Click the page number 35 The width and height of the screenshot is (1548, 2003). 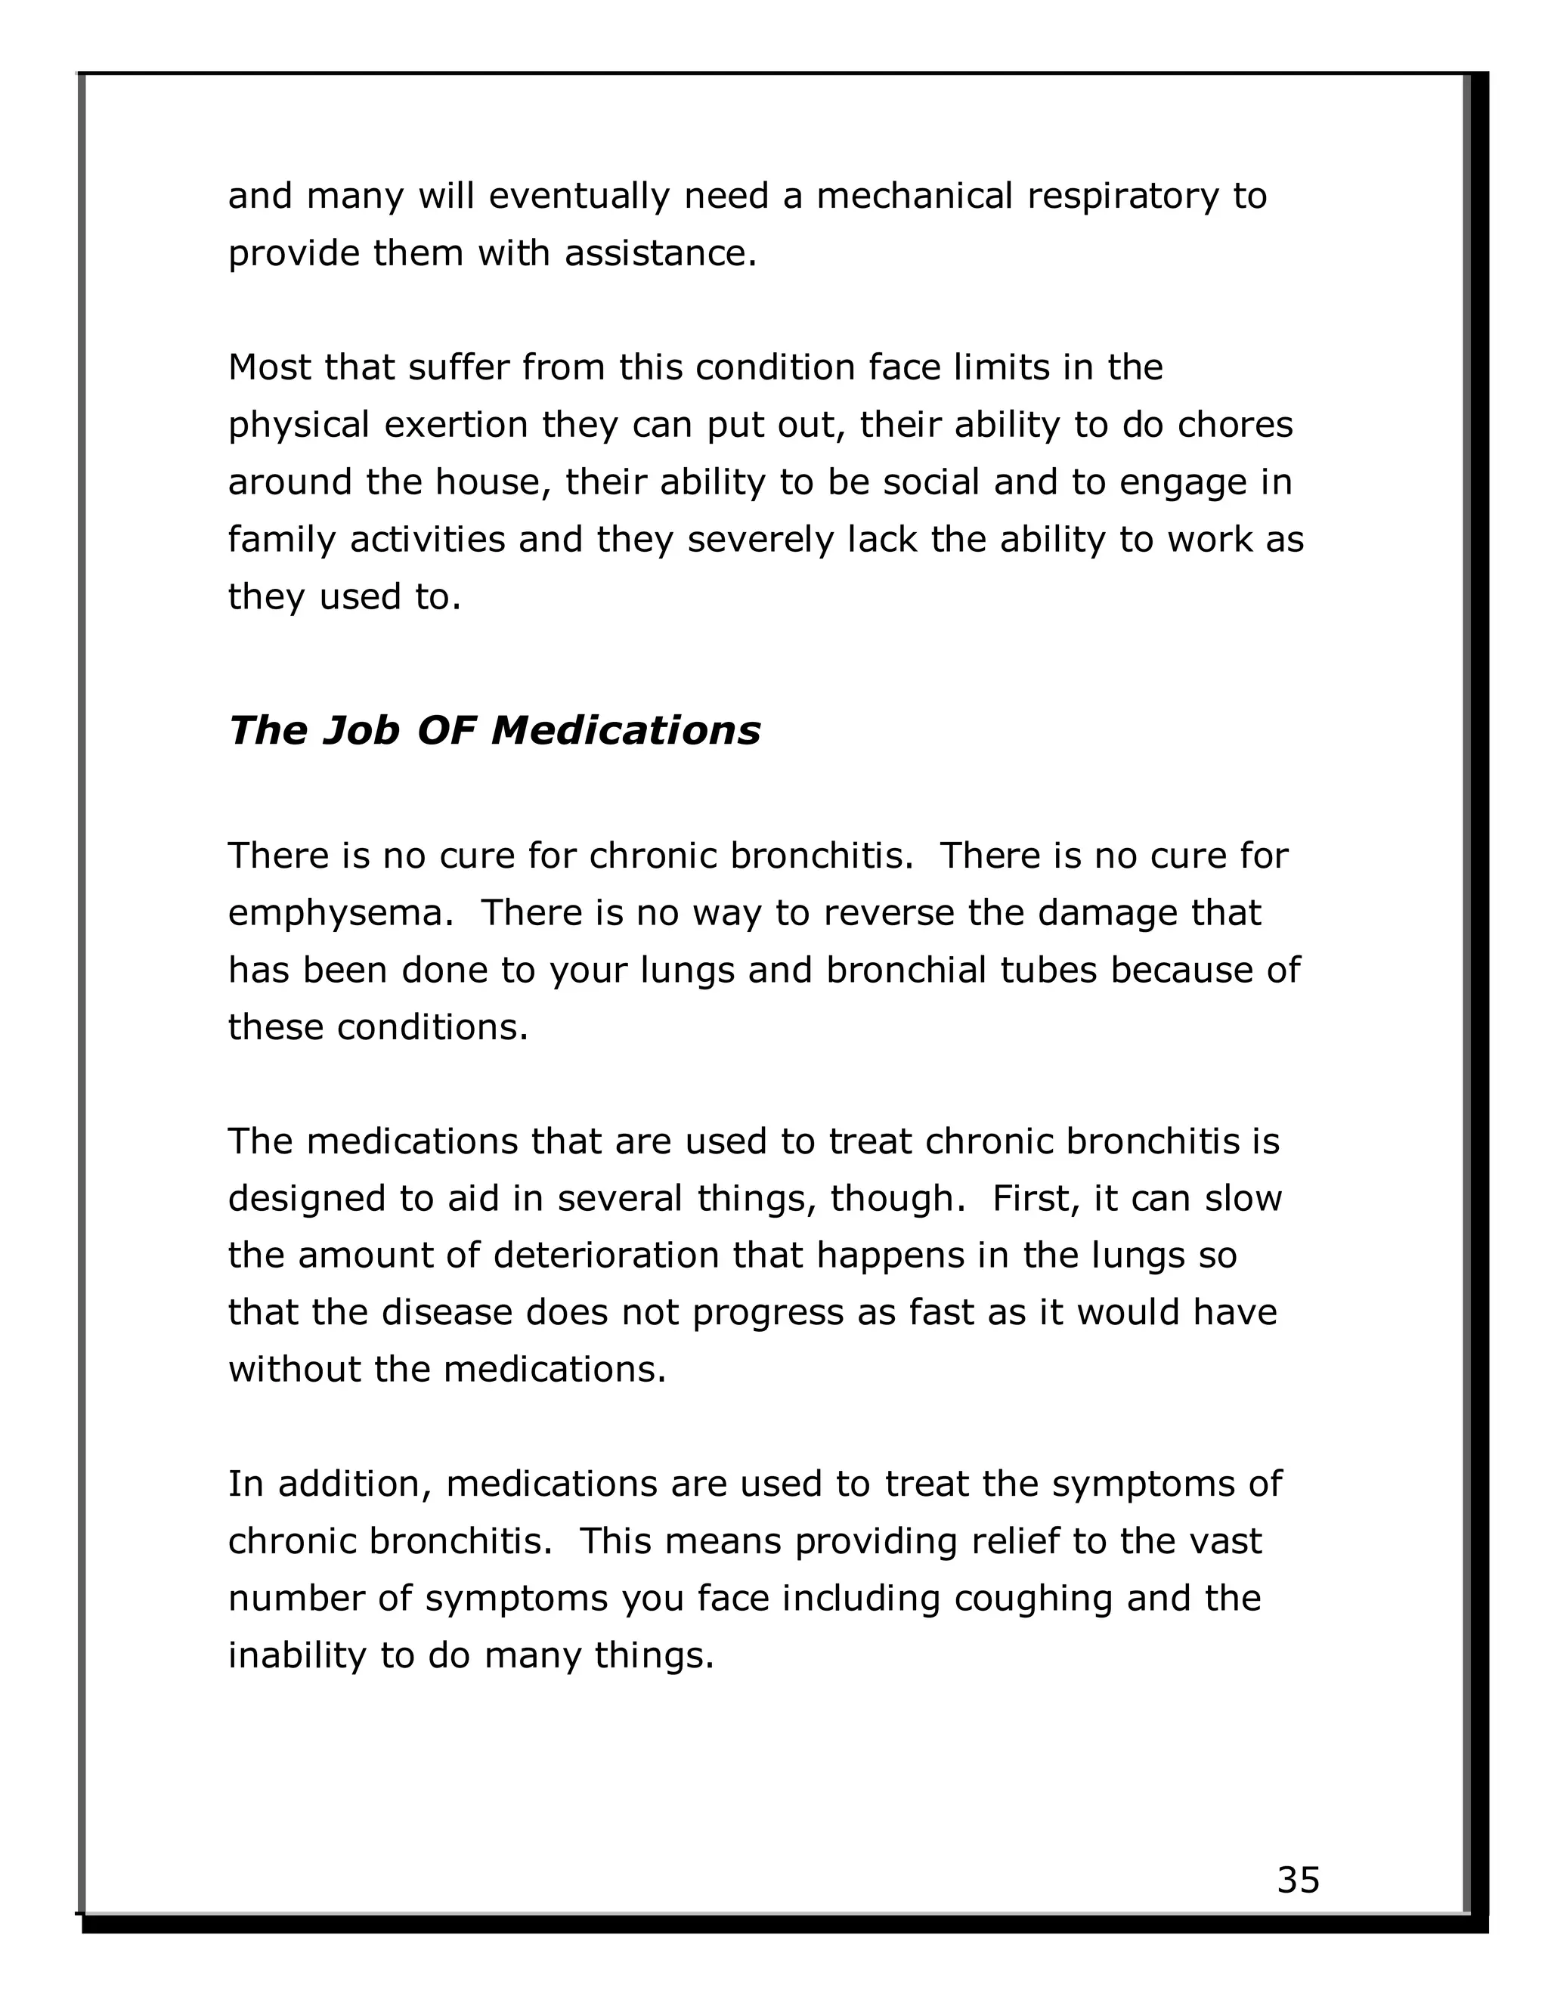point(1298,1879)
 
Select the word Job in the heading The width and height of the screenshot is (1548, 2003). point(361,731)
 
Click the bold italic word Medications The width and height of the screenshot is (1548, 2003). point(625,731)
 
